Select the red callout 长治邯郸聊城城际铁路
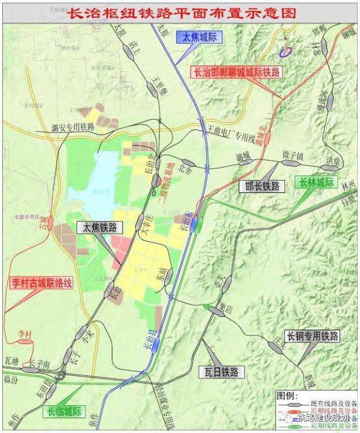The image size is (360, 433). click(236, 72)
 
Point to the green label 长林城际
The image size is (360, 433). click(316, 182)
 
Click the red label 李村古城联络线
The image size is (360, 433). click(41, 283)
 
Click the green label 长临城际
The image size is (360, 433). click(65, 412)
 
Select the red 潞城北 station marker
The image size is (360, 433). click(268, 137)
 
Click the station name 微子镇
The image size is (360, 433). click(293, 156)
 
